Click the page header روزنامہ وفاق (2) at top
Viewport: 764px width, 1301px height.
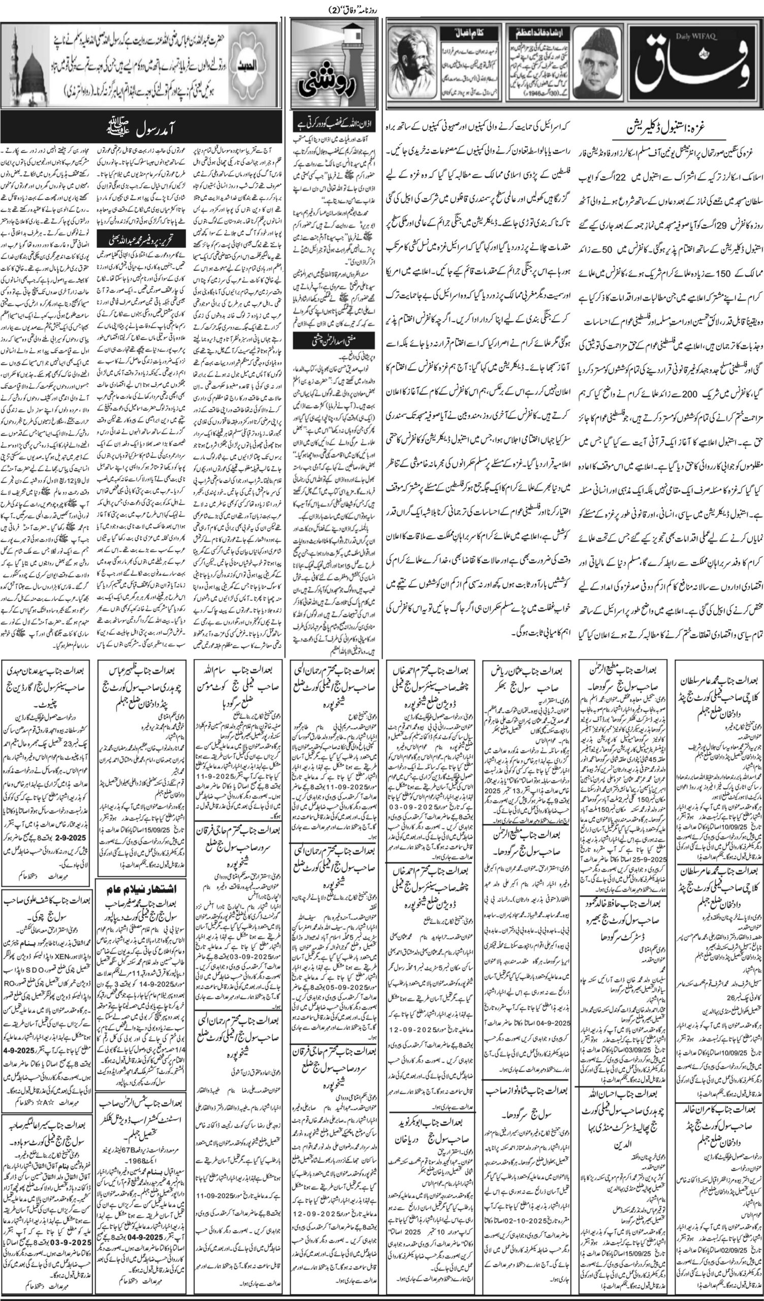click(x=356, y=9)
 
